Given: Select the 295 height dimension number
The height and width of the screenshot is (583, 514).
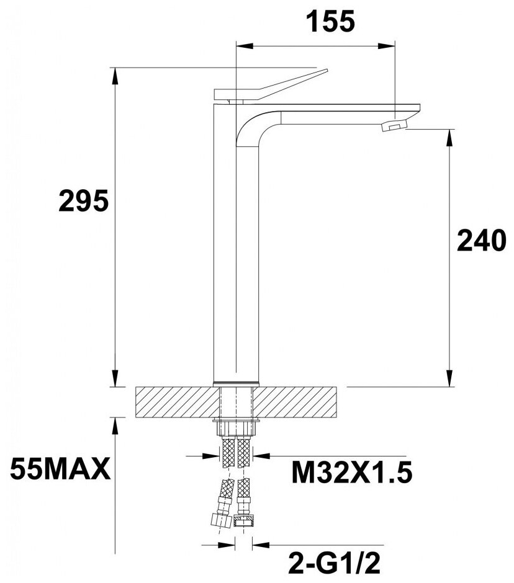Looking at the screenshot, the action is (83, 201).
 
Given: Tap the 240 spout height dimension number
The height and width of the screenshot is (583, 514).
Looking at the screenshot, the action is (482, 241).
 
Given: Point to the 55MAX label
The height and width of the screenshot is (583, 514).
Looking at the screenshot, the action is (60, 470).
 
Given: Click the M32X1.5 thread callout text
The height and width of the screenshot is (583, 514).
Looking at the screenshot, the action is (352, 473).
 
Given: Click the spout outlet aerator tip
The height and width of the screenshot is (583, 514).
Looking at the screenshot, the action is (395, 125).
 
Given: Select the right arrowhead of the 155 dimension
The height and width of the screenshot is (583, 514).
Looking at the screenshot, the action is (387, 47).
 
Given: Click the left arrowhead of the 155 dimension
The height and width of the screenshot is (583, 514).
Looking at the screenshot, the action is (244, 47).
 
